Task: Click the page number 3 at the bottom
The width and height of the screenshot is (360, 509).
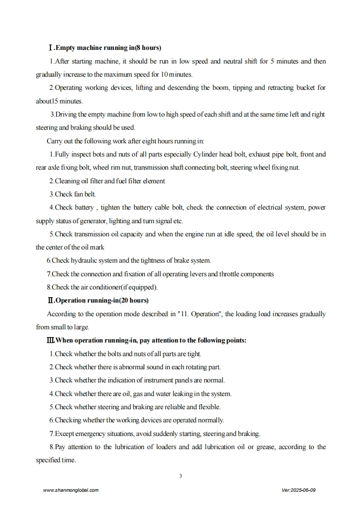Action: tap(181, 476)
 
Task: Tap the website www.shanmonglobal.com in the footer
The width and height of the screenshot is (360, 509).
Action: tap(70, 490)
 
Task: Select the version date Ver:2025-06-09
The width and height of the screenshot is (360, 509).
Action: tap(298, 490)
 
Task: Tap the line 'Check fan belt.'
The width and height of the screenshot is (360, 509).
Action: tap(73, 194)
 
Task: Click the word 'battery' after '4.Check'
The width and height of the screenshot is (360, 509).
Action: tap(84, 207)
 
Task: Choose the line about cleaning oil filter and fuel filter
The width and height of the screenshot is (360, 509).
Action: tap(107, 181)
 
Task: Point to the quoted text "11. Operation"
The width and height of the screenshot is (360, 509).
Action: tap(199, 314)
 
